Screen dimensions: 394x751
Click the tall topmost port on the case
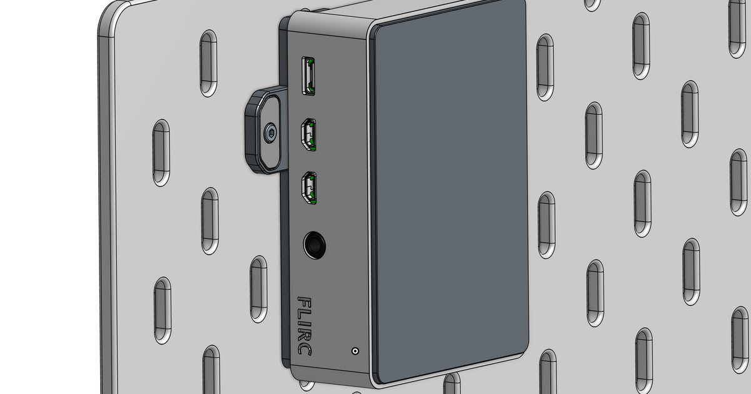point(309,76)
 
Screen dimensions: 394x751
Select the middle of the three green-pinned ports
point(309,136)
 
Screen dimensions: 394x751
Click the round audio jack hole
point(314,245)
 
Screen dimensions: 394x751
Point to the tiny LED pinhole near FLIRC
point(355,351)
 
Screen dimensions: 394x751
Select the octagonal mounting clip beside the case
point(263,131)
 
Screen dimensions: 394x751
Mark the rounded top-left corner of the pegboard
point(111,14)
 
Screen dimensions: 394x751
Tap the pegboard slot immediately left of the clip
point(161,153)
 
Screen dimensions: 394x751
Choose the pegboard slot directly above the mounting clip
point(208,63)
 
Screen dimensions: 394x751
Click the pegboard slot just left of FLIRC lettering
point(258,289)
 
